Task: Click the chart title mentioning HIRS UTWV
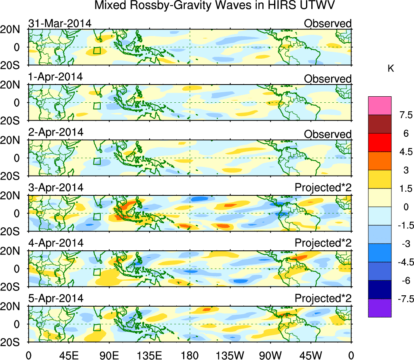tap(215, 6)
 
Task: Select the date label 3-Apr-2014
tap(56, 188)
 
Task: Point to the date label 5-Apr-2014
tap(56, 299)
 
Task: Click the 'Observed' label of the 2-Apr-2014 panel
tap(328, 134)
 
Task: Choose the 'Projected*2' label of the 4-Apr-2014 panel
tap(323, 244)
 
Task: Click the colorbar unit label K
tap(391, 69)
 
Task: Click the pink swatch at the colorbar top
tap(380, 106)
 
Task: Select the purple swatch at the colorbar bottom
tap(380, 308)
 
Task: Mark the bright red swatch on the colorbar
tap(380, 142)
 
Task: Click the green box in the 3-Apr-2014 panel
tap(97, 216)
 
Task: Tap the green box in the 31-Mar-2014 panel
tap(97, 51)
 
